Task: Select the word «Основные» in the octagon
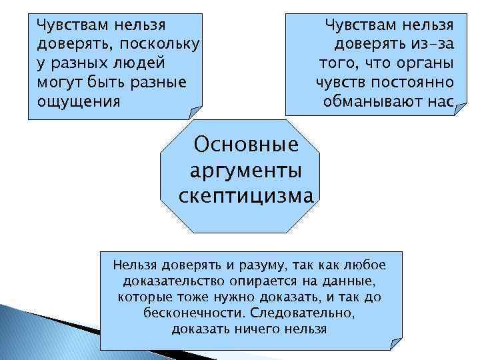[245, 145]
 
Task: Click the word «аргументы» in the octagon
[245, 170]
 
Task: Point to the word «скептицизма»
[245, 196]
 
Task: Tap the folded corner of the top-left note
[195, 112]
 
